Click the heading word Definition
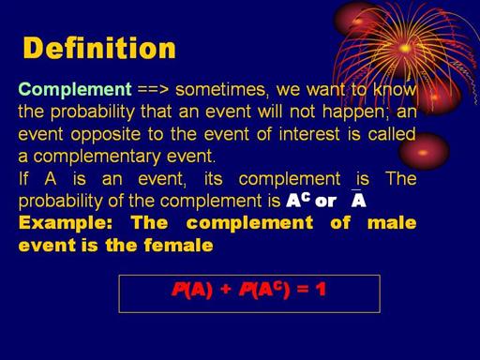pyautogui.click(x=99, y=48)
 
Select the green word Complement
pyautogui.click(x=75, y=89)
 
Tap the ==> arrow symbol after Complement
pyautogui.click(x=153, y=90)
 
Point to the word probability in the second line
pyautogui.click(x=92, y=112)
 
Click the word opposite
pyautogui.click(x=106, y=135)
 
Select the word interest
pyautogui.click(x=309, y=134)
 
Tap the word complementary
pyautogui.click(x=97, y=157)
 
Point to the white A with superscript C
pyautogui.click(x=298, y=200)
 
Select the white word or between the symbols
pyautogui.click(x=326, y=202)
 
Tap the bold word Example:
pyautogui.click(x=65, y=223)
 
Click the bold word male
pyautogui.click(x=392, y=223)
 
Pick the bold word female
pyautogui.click(x=178, y=245)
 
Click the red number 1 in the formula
pyautogui.click(x=321, y=290)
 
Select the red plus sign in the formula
pyautogui.click(x=225, y=290)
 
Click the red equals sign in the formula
pyautogui.click(x=302, y=290)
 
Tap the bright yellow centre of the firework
pyautogui.click(x=405, y=49)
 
